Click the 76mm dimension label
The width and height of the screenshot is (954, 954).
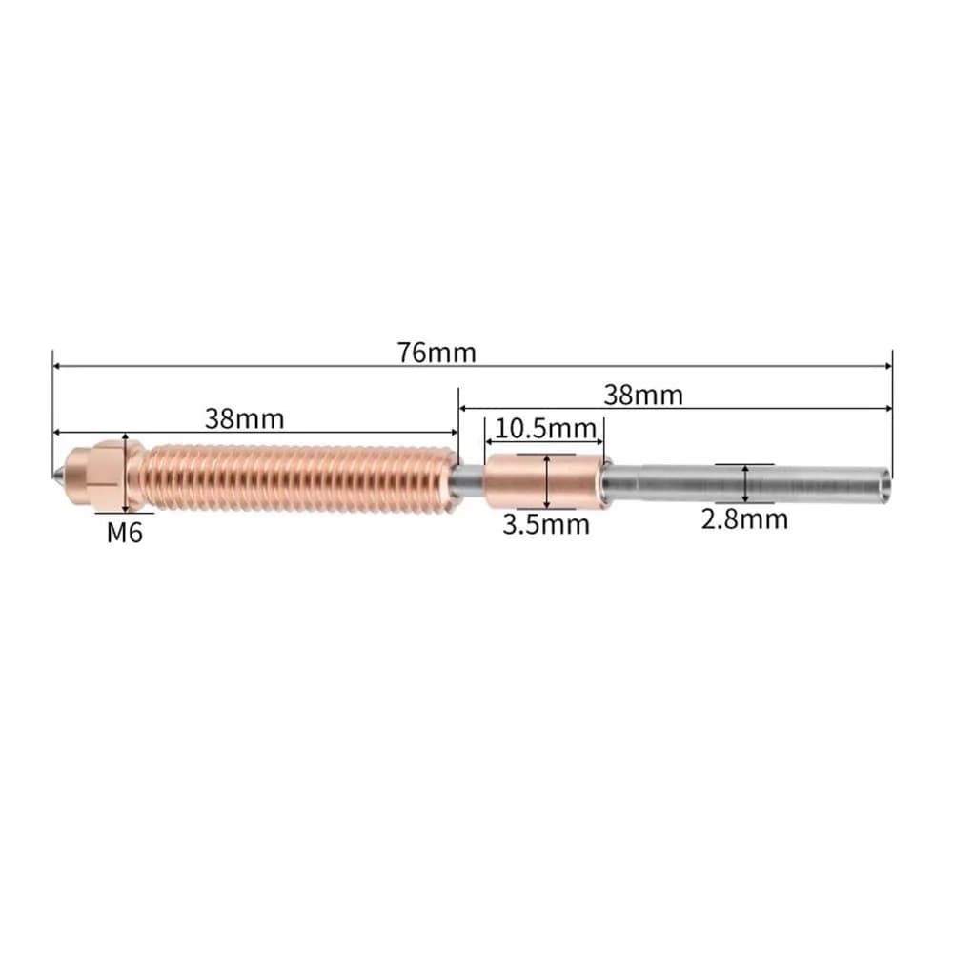click(436, 353)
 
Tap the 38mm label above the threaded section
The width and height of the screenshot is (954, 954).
click(245, 418)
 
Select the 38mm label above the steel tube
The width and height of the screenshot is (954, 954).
click(643, 396)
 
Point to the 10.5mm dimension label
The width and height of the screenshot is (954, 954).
click(545, 429)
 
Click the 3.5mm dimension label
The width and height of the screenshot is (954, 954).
click(546, 524)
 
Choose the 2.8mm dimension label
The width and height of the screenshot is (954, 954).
click(744, 519)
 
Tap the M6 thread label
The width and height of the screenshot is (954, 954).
click(125, 533)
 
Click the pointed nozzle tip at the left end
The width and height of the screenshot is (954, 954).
click(56, 474)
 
